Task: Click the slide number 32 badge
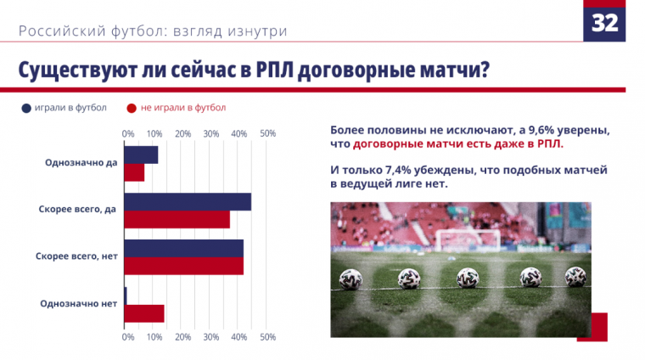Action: [604, 22]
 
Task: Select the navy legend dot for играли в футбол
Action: [26, 108]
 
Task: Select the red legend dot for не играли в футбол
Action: [132, 108]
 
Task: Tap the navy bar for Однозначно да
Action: [141, 155]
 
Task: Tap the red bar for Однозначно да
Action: [134, 172]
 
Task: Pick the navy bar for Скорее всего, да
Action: [188, 201]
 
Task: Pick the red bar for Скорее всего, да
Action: [177, 219]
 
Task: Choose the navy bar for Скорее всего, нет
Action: [183, 248]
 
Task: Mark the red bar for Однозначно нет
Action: [143, 313]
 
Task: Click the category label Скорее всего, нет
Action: [76, 256]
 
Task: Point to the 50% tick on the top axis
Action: [267, 134]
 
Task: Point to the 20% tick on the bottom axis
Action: [182, 337]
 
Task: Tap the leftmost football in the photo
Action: [351, 278]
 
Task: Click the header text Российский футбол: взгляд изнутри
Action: [153, 31]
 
